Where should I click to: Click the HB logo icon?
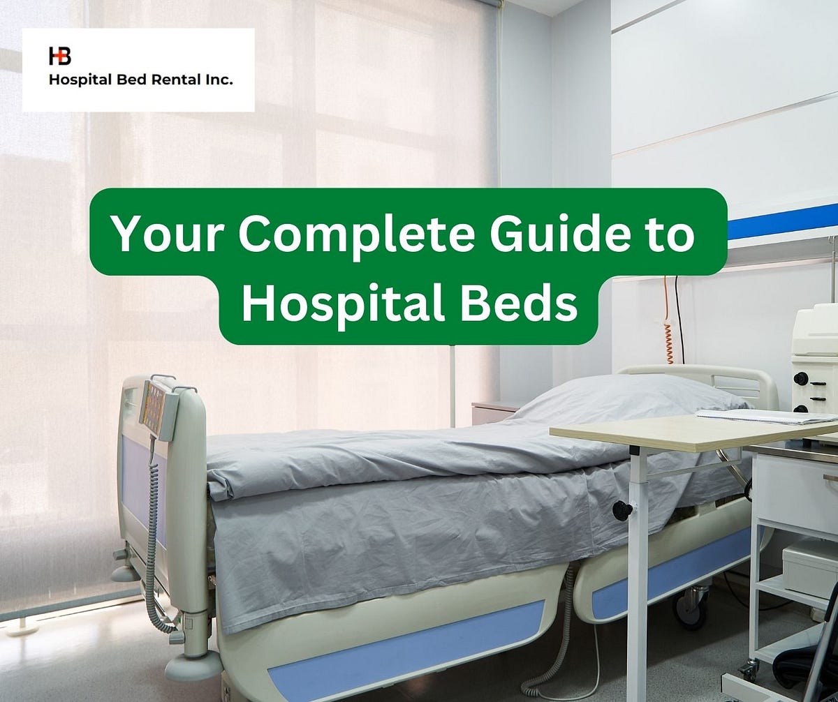[59, 56]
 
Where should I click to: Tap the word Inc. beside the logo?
[216, 81]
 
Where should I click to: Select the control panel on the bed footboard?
[154, 405]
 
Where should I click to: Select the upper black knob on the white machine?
[800, 378]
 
